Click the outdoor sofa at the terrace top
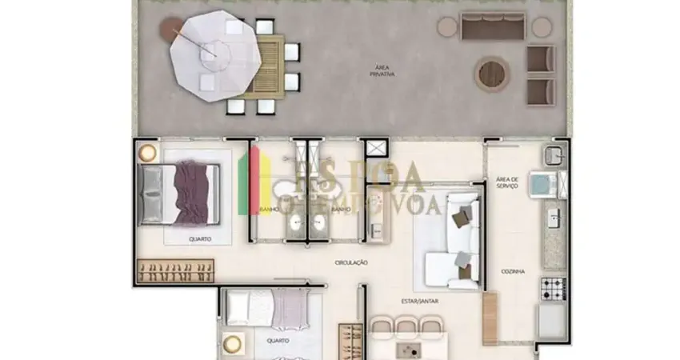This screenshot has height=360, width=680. coord(492,27)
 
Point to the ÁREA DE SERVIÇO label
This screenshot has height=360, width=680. coord(507,183)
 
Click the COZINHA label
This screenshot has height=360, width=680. coord(514,272)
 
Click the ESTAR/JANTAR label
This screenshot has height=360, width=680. coord(418,302)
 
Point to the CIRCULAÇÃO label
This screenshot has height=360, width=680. coord(351,262)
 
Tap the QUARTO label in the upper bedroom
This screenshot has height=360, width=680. coord(201,238)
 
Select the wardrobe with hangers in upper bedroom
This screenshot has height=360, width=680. coord(177,271)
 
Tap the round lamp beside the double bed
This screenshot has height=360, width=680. coord(147,152)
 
